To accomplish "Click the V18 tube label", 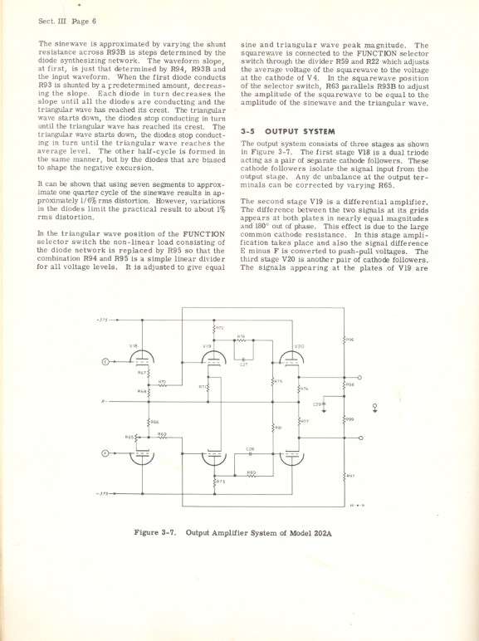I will pos(134,345).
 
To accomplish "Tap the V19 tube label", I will pos(207,345).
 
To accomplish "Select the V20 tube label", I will pos(300,345).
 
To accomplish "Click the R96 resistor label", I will pos(349,339).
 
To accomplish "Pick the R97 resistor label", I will pos(351,475).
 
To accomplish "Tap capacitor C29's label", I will pos(317,404).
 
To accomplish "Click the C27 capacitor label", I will pos(244,364).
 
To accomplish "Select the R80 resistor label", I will pos(251,472).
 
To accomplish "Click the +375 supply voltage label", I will pos(102,320).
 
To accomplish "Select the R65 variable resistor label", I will pos(130,437).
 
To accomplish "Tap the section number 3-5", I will pos(248,131).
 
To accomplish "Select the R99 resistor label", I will pos(349,419).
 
